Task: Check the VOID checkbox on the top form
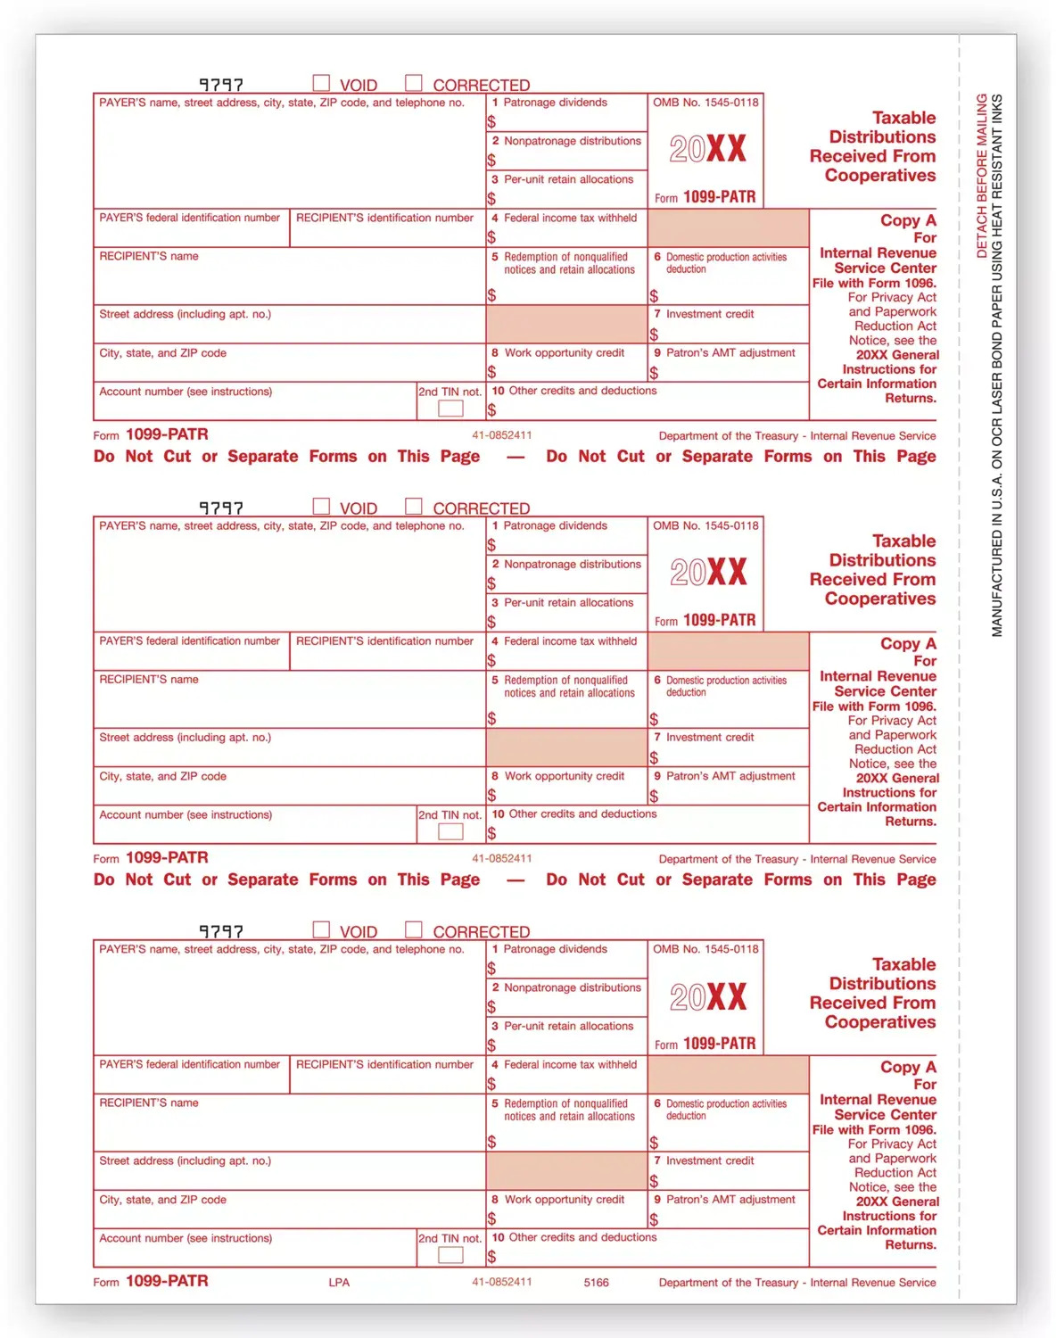321,83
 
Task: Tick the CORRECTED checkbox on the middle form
413,506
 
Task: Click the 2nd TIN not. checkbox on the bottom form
450,1255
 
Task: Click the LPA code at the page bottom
339,1282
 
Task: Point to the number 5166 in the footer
596,1282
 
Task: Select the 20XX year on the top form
707,149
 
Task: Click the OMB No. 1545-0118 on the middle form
705,525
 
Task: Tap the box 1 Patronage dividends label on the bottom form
555,949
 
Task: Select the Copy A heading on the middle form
907,643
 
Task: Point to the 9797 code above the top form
220,85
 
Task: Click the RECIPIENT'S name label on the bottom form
149,1103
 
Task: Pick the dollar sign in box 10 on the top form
491,410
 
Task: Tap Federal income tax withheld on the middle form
570,641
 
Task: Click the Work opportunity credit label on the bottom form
564,1200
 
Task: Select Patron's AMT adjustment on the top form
730,352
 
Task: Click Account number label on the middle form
186,814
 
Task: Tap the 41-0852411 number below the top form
502,435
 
